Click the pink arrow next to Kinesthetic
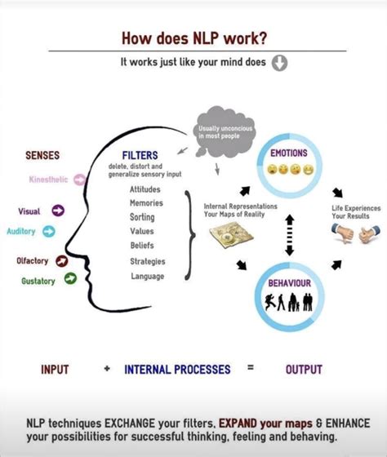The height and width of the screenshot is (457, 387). pyautogui.click(x=79, y=178)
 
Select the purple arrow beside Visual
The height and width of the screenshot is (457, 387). pyautogui.click(x=58, y=211)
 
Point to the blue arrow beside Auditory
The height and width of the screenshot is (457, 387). pyautogui.click(x=48, y=231)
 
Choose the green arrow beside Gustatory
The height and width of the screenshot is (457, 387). pyautogui.click(x=69, y=279)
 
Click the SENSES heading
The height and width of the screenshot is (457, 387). pyautogui.click(x=42, y=154)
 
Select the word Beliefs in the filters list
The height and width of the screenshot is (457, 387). pyautogui.click(x=142, y=245)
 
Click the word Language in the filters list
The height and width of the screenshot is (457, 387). pyautogui.click(x=146, y=276)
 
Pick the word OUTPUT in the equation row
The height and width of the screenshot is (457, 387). pyautogui.click(x=303, y=369)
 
